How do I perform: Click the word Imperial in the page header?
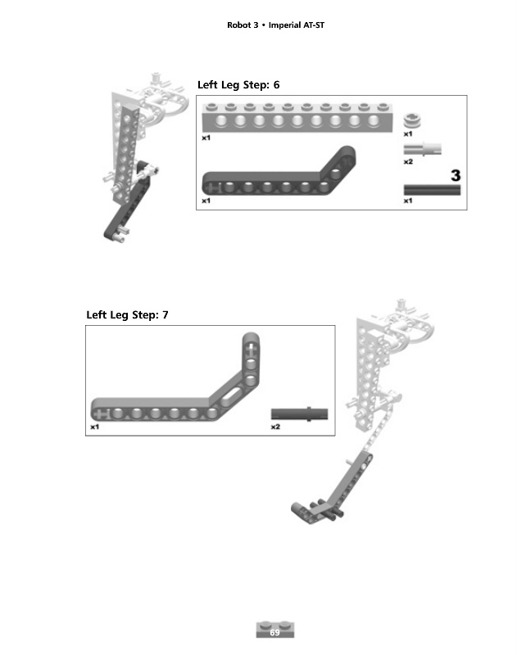[x=285, y=25]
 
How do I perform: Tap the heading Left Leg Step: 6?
[x=238, y=85]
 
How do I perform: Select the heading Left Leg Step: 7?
[x=127, y=315]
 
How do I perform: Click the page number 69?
[x=274, y=632]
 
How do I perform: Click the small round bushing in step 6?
[x=414, y=120]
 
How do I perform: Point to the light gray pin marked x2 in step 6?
[x=423, y=150]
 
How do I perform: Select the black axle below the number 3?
[x=432, y=190]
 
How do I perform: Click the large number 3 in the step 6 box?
[x=456, y=174]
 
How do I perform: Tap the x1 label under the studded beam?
[x=206, y=138]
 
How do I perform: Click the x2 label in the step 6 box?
[x=408, y=162]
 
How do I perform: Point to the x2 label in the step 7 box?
[x=275, y=427]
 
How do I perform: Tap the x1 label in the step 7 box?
[x=95, y=427]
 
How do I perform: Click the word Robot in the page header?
[x=240, y=25]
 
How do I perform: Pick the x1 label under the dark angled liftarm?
[x=206, y=201]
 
